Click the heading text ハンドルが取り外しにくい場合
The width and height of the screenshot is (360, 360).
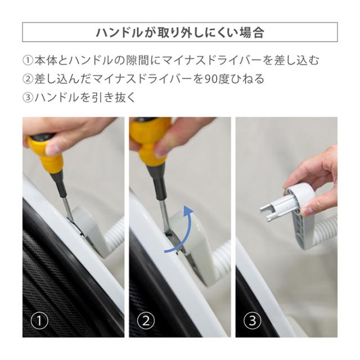pos(180,33)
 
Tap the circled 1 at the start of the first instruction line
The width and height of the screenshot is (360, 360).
pos(28,61)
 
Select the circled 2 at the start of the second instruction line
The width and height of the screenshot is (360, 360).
pos(28,79)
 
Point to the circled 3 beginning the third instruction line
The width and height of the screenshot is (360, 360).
pos(28,97)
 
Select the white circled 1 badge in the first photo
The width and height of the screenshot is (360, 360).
pos(39,321)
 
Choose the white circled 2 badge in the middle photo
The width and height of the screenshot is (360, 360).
pos(146,321)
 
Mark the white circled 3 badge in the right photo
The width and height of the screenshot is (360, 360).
pos(253,321)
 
